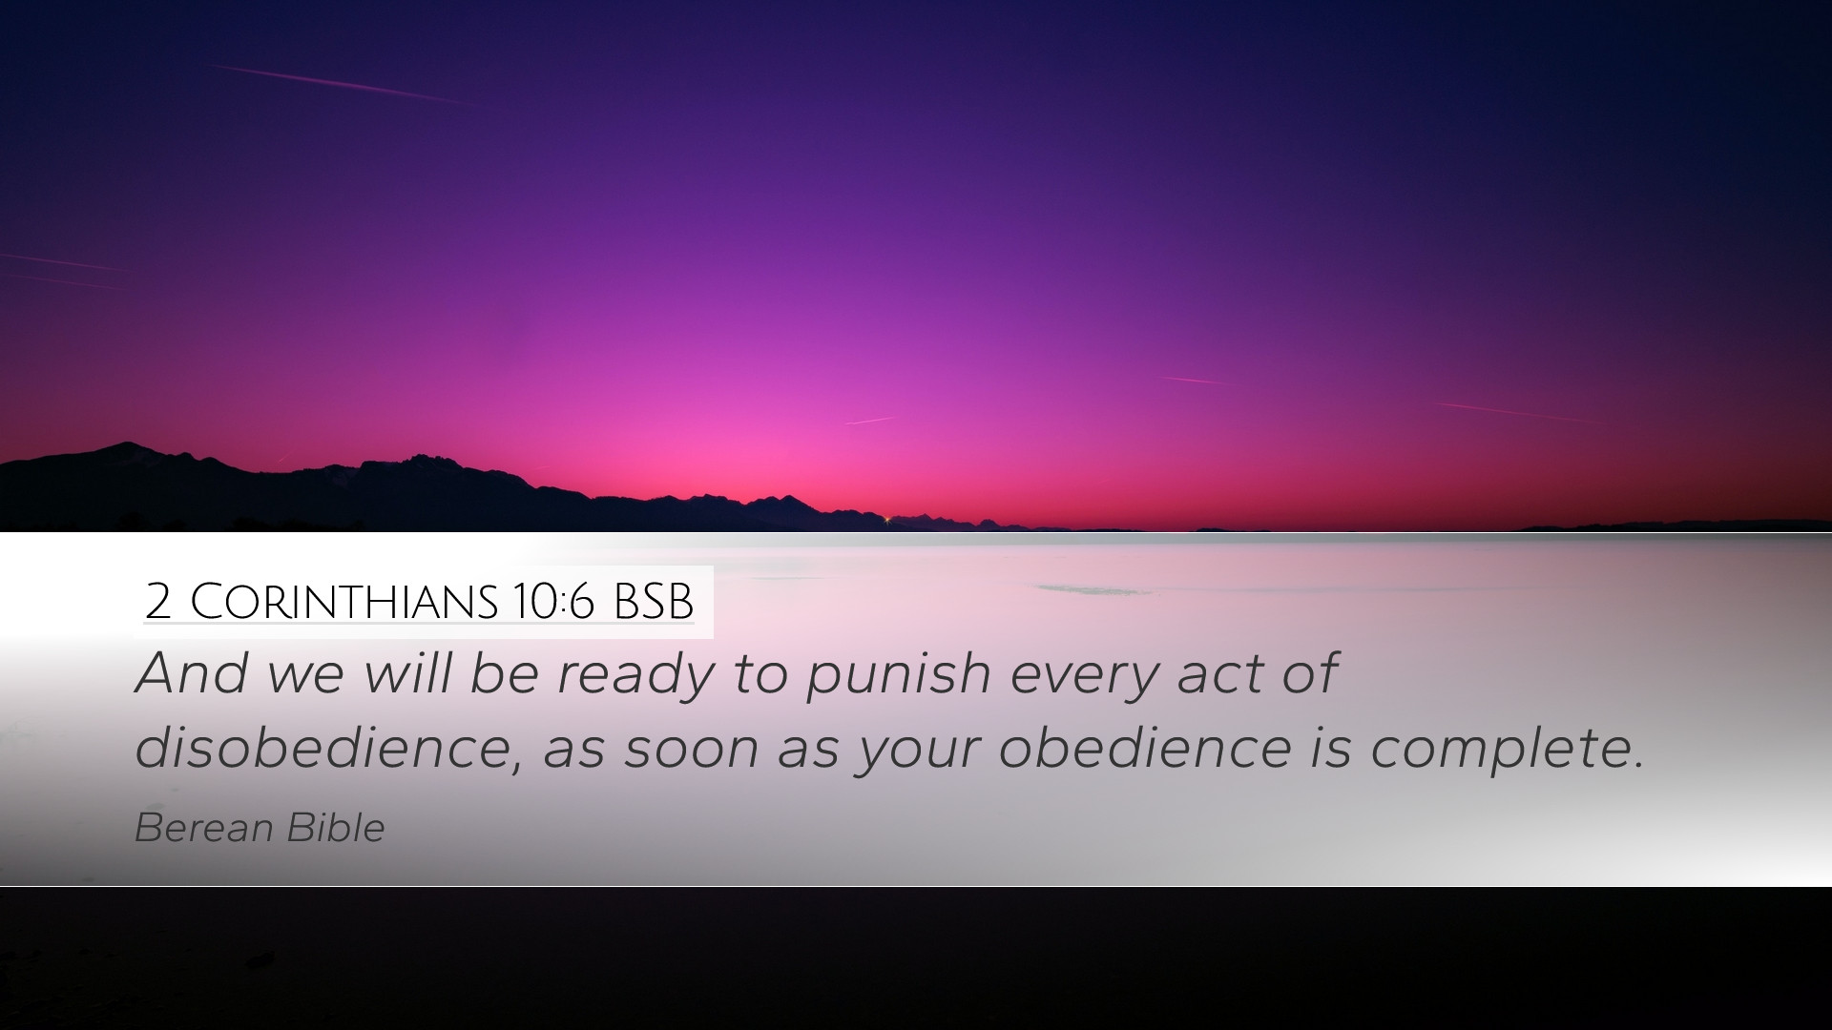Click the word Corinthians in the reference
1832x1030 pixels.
click(x=344, y=602)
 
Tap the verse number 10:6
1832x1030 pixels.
click(x=553, y=602)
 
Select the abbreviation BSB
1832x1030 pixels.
click(x=654, y=602)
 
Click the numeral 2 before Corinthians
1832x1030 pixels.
click(x=158, y=602)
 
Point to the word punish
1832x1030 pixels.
click(x=899, y=675)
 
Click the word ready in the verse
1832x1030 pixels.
click(x=635, y=675)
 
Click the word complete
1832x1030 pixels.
click(x=1508, y=750)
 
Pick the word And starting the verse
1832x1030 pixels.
click(x=193, y=673)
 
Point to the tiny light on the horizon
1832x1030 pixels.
click(x=886, y=519)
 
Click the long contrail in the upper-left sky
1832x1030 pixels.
click(x=339, y=84)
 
